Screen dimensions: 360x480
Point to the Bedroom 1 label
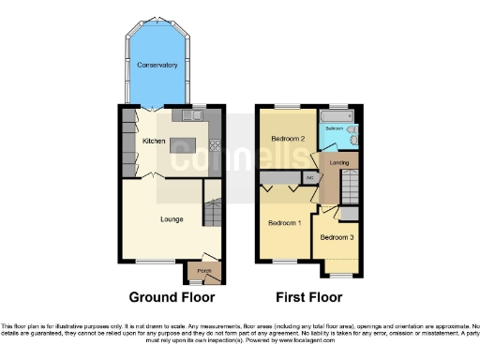[x=284, y=223]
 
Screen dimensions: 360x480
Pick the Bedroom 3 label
[x=336, y=238]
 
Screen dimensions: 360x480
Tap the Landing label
[x=339, y=162]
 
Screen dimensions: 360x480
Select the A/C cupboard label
[x=309, y=176]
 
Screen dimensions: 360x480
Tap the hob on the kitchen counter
[x=216, y=145]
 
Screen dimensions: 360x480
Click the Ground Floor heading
[x=172, y=297]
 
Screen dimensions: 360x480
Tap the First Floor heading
[x=308, y=297]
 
